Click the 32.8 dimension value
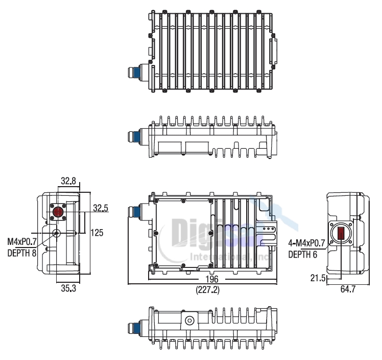(x=68, y=181)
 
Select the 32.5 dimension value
(x=101, y=208)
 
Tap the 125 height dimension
(x=97, y=233)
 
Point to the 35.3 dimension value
(x=68, y=289)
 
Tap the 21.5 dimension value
(x=317, y=278)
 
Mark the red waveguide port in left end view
(x=59, y=212)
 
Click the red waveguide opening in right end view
(x=341, y=233)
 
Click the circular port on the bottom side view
(x=189, y=321)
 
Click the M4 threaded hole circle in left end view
(x=56, y=233)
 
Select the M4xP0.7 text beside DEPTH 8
(x=22, y=241)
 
